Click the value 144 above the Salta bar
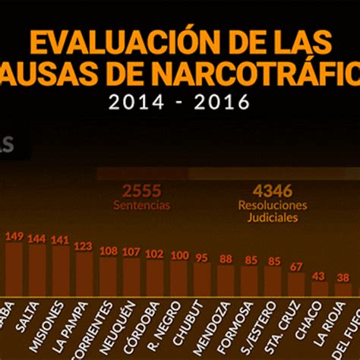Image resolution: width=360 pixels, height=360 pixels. point(36,238)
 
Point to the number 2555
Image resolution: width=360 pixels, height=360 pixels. point(142,191)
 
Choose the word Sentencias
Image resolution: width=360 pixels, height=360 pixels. point(142,205)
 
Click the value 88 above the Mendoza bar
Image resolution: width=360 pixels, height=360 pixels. point(226,259)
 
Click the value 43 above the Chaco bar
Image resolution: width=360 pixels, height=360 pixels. point(320,276)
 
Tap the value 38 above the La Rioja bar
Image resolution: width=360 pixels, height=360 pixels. point(343,278)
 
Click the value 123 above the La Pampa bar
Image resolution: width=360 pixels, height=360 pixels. point(84,246)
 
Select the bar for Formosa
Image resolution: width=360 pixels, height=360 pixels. point(249,280)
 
